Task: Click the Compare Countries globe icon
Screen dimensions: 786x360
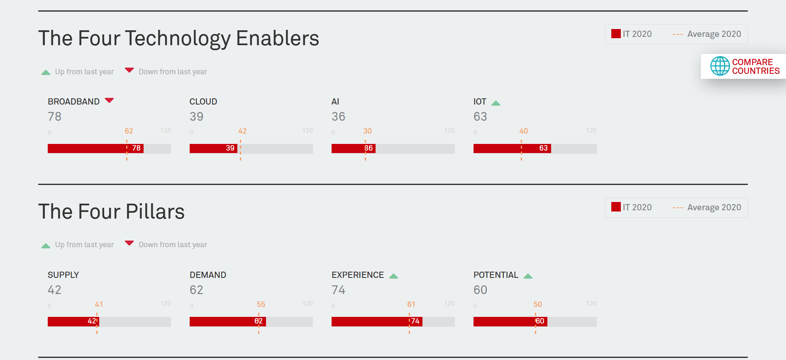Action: coord(720,66)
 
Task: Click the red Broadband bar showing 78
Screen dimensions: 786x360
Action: coord(95,148)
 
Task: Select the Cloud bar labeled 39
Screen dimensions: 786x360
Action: coord(213,148)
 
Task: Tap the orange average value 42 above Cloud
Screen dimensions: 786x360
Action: coord(242,131)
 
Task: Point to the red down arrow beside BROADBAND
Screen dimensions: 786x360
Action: coord(109,100)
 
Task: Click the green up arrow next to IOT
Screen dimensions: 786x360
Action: coord(496,103)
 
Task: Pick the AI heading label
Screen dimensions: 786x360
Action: coord(335,102)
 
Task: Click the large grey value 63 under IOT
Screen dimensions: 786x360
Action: coord(480,117)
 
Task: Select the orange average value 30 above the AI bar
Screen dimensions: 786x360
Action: coord(367,131)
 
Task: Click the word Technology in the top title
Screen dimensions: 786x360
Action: coord(178,39)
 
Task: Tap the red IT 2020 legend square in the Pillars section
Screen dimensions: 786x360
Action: coord(616,207)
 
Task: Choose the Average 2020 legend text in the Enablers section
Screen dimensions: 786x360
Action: coord(714,34)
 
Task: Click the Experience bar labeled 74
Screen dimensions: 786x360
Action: coord(377,321)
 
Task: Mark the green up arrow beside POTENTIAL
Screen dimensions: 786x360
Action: coord(528,276)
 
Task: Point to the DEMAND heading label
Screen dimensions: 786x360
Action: coord(208,275)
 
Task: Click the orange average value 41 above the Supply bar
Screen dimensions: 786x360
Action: coord(99,304)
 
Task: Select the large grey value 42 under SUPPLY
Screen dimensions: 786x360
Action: coord(54,290)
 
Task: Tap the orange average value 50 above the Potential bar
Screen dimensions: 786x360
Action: coord(538,304)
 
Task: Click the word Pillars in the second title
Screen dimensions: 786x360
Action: coord(155,212)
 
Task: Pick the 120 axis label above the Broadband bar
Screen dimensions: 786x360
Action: coord(166,131)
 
